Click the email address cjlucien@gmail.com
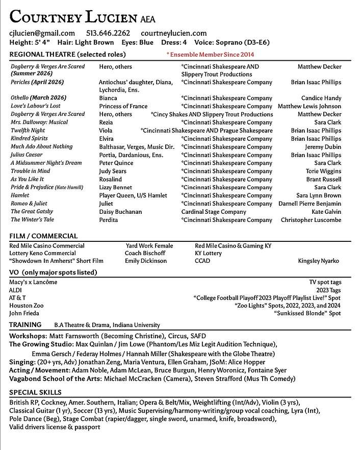(x=42, y=33)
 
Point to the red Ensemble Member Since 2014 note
(x=210, y=55)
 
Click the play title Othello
(x=20, y=98)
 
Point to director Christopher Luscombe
(x=311, y=220)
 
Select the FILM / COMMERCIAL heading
(x=43, y=236)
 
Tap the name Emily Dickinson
(x=146, y=261)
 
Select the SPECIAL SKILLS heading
(x=35, y=392)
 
